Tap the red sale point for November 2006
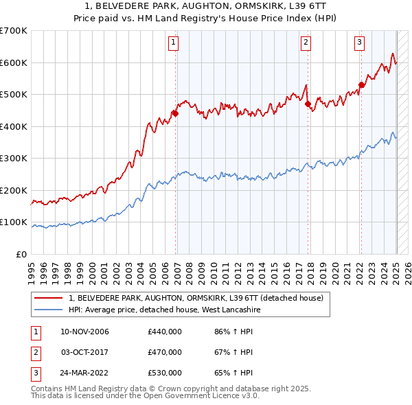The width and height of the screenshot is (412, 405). (175, 113)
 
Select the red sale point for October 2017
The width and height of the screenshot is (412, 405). (308, 104)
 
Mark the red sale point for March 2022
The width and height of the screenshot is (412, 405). (361, 85)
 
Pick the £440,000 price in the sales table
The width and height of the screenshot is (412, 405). (165, 332)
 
